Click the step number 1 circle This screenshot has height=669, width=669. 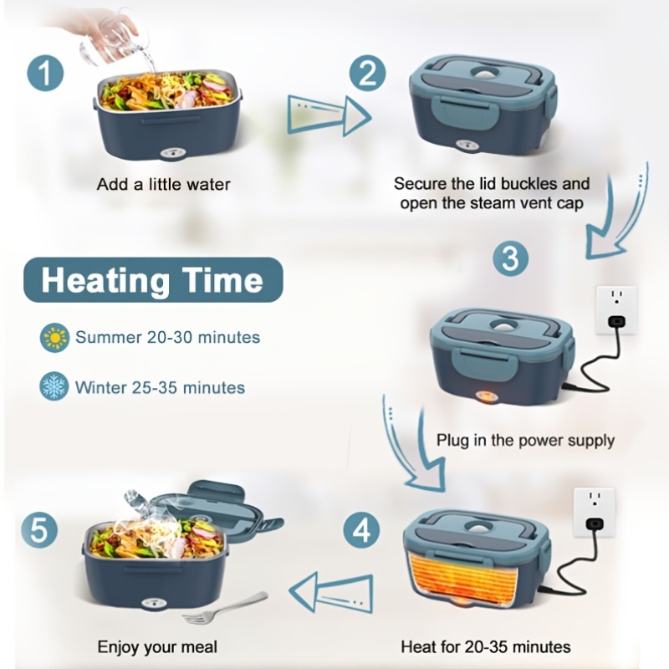[x=45, y=73]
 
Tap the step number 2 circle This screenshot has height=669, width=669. [x=367, y=73]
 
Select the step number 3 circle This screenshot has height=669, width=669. [x=510, y=258]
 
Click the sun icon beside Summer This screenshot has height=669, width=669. [x=54, y=338]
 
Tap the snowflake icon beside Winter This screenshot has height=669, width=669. [x=54, y=386]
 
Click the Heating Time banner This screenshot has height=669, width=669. [x=153, y=280]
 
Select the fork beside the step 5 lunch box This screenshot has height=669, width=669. [x=225, y=608]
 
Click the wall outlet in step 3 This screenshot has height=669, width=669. [x=616, y=310]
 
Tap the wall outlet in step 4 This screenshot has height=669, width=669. [x=594, y=512]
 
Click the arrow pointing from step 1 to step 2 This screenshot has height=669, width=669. [x=329, y=115]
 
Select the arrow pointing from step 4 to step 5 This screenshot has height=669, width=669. [x=330, y=593]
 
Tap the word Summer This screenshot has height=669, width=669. [x=109, y=338]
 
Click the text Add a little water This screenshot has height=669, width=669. [x=163, y=184]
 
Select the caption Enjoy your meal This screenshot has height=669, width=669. [x=157, y=646]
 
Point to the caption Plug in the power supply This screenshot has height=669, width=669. [x=525, y=441]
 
